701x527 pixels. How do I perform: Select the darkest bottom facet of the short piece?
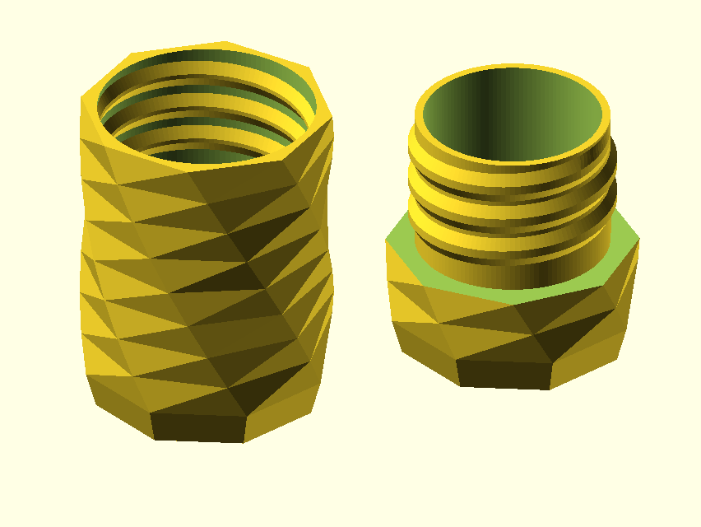504,373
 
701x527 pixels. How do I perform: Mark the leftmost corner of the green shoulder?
387,240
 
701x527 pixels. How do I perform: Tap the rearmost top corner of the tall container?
226,41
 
